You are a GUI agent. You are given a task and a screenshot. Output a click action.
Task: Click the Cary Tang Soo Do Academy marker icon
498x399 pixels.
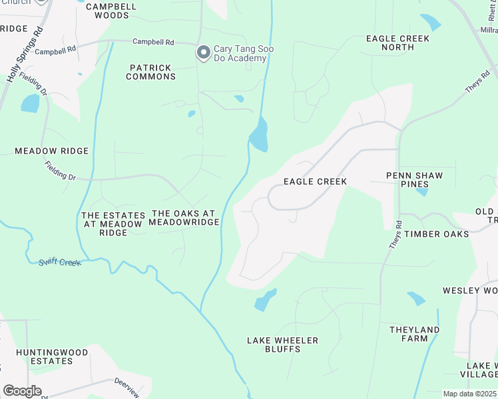(x=203, y=52)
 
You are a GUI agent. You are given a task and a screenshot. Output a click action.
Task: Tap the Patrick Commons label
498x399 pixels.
(x=152, y=72)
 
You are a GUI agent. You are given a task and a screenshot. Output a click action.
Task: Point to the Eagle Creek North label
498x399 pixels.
(x=398, y=43)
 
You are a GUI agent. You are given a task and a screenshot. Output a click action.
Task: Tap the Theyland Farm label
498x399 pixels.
(x=414, y=334)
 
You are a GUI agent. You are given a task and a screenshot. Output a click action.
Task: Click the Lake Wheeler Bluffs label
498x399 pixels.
(x=282, y=344)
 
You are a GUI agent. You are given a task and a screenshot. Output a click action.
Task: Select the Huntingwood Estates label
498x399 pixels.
(x=44, y=356)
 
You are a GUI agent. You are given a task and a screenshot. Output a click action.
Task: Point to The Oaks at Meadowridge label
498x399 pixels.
(x=184, y=217)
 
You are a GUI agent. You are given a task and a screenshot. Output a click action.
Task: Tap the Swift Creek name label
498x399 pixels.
(x=60, y=262)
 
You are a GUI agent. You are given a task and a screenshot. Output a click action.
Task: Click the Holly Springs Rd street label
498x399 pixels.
(x=25, y=55)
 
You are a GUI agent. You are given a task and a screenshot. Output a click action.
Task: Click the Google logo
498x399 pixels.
(x=22, y=391)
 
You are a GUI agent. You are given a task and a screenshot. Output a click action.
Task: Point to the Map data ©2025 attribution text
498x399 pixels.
(x=470, y=394)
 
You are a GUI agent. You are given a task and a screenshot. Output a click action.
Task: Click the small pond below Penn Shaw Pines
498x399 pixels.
(x=421, y=192)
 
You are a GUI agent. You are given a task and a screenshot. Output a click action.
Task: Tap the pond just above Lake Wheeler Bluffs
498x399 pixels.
(x=265, y=301)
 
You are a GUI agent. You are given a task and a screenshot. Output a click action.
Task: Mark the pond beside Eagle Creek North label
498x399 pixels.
(x=431, y=23)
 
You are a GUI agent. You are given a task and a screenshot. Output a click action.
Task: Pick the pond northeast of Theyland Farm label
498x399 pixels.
(x=416, y=299)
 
